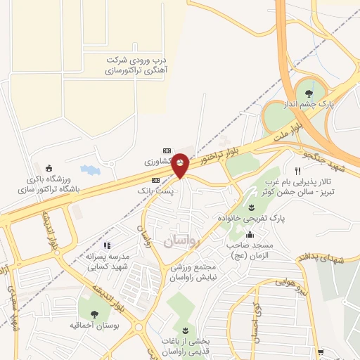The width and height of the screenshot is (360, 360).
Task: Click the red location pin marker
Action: click(181, 165)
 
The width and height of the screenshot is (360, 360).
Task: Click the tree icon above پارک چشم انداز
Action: click(308, 91)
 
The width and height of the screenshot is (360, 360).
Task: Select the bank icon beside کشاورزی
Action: click(167, 150)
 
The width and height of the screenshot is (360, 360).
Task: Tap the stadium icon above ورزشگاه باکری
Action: click(49, 168)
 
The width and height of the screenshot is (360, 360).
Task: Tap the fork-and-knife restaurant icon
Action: click(298, 171)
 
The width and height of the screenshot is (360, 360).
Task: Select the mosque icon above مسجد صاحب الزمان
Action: click(251, 235)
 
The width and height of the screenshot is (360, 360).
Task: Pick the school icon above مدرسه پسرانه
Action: click(108, 246)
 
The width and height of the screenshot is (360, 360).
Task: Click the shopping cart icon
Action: click(321, 352)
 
